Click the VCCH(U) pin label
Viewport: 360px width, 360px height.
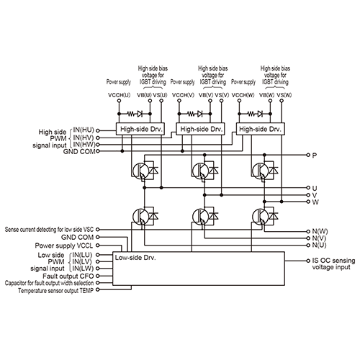[120, 95]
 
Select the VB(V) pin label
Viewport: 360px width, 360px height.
[206, 95]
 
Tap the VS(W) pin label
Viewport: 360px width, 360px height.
[284, 95]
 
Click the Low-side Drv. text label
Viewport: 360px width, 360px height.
[135, 258]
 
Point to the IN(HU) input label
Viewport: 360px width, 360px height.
[84, 130]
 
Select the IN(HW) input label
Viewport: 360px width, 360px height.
[84, 144]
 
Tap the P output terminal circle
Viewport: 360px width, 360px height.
[308, 155]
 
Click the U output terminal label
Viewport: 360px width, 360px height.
[315, 188]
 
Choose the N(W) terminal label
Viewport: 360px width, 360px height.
[320, 232]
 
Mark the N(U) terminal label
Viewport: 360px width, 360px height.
[319, 246]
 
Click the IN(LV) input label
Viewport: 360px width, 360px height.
[82, 261]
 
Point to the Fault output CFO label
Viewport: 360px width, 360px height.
[68, 276]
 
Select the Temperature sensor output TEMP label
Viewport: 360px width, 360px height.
[55, 291]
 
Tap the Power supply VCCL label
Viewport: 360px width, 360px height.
[64, 246]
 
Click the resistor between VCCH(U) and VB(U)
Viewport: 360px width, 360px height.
[131, 114]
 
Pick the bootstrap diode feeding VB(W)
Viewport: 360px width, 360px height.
[260, 114]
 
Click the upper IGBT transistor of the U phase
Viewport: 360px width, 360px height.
[140, 171]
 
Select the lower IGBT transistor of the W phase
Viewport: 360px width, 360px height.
[261, 217]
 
